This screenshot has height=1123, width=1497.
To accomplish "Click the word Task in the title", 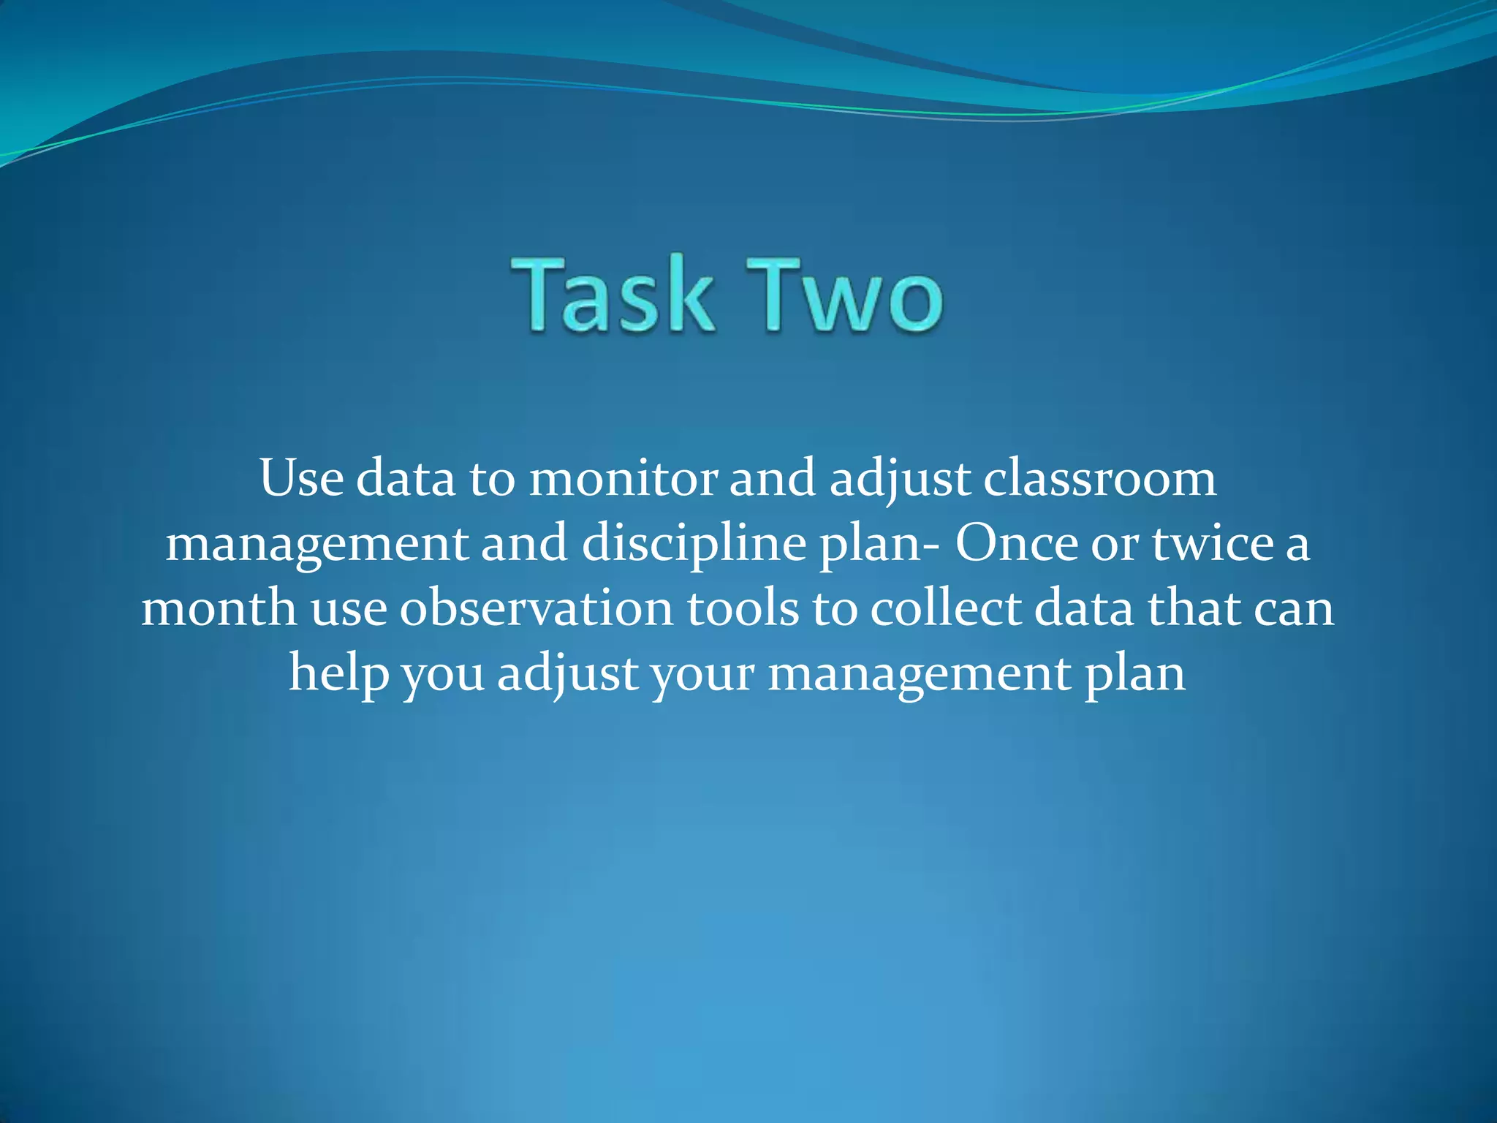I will pos(613,295).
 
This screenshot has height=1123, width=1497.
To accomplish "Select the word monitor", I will pos(624,479).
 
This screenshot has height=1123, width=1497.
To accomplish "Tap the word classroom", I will pos(1100,479).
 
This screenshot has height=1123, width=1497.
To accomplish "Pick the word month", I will pos(219,608).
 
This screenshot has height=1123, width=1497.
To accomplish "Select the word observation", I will pos(537,608).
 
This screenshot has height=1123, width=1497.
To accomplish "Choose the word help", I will pos(338,673).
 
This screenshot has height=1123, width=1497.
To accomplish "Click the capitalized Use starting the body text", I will pos(301,479).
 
